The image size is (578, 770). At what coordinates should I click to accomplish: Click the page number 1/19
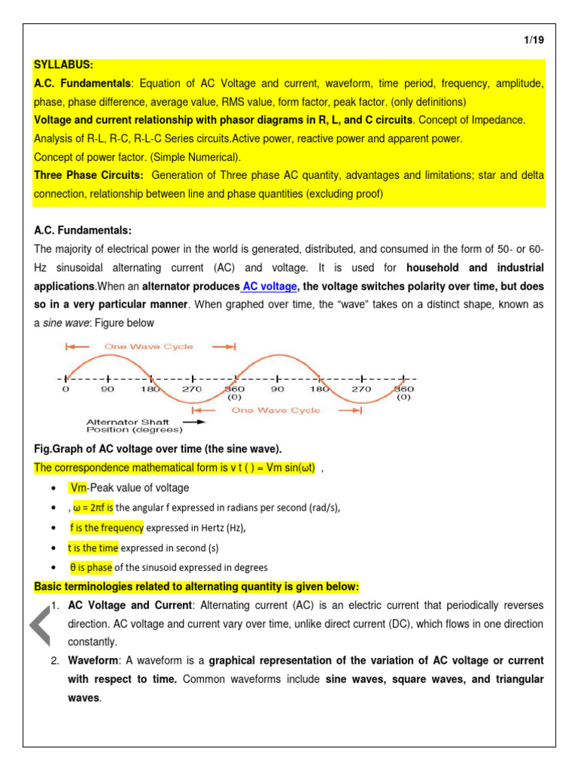tap(533, 41)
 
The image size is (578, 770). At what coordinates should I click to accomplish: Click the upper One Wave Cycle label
tap(149, 347)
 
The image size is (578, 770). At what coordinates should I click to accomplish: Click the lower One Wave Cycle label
tap(275, 411)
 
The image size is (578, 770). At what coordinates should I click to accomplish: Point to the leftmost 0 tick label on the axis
tap(65, 389)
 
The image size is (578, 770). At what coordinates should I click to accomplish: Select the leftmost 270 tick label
tap(191, 390)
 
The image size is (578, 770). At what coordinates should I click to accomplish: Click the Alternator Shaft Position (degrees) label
tap(134, 426)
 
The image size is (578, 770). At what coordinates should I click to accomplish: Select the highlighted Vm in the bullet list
tap(79, 488)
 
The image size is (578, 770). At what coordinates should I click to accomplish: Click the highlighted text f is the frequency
tap(106, 528)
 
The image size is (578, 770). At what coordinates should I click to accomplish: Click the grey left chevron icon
tap(40, 626)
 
